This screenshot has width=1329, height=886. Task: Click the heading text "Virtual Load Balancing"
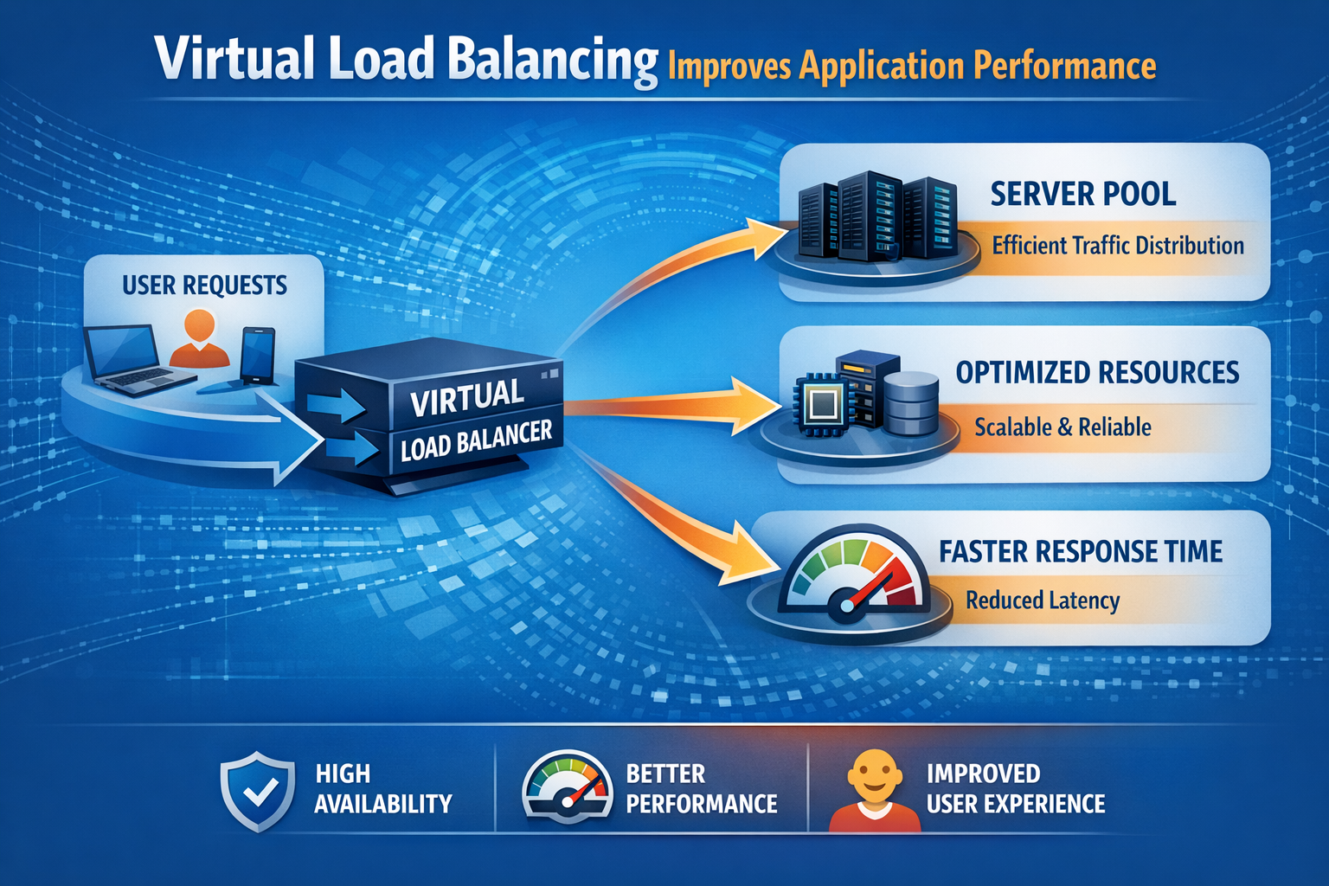pyautogui.click(x=407, y=59)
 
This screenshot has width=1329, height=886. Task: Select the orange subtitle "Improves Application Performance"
pyautogui.click(x=912, y=66)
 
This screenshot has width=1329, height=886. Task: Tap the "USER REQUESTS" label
pyautogui.click(x=204, y=285)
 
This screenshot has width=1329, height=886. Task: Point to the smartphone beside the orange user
pyautogui.click(x=258, y=355)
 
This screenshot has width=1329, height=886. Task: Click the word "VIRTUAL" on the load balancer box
pyautogui.click(x=467, y=397)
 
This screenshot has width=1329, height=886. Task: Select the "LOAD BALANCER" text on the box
pyautogui.click(x=476, y=440)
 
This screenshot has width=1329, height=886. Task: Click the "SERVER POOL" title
pyautogui.click(x=1082, y=194)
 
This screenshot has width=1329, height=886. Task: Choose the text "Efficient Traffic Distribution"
pyautogui.click(x=1117, y=246)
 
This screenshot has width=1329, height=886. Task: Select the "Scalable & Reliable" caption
pyautogui.click(x=1063, y=427)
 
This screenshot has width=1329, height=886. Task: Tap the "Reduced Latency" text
pyautogui.click(x=1043, y=600)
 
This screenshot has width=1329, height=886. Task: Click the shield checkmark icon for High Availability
pyautogui.click(x=257, y=791)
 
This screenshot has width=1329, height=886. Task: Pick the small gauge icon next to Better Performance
pyautogui.click(x=567, y=786)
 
